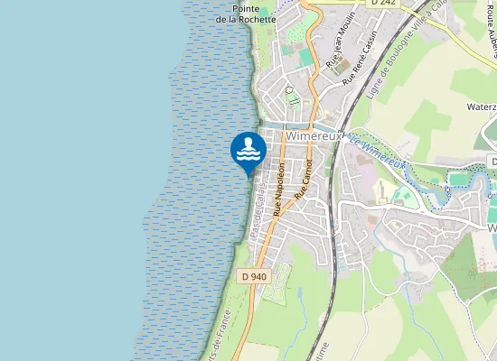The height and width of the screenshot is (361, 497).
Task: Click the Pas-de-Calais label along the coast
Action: point(260,209)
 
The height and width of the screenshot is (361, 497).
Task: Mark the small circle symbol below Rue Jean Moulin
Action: point(289,90)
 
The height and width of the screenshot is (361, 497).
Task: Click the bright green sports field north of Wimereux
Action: point(306,56)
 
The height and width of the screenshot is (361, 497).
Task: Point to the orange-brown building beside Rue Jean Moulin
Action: point(342,65)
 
